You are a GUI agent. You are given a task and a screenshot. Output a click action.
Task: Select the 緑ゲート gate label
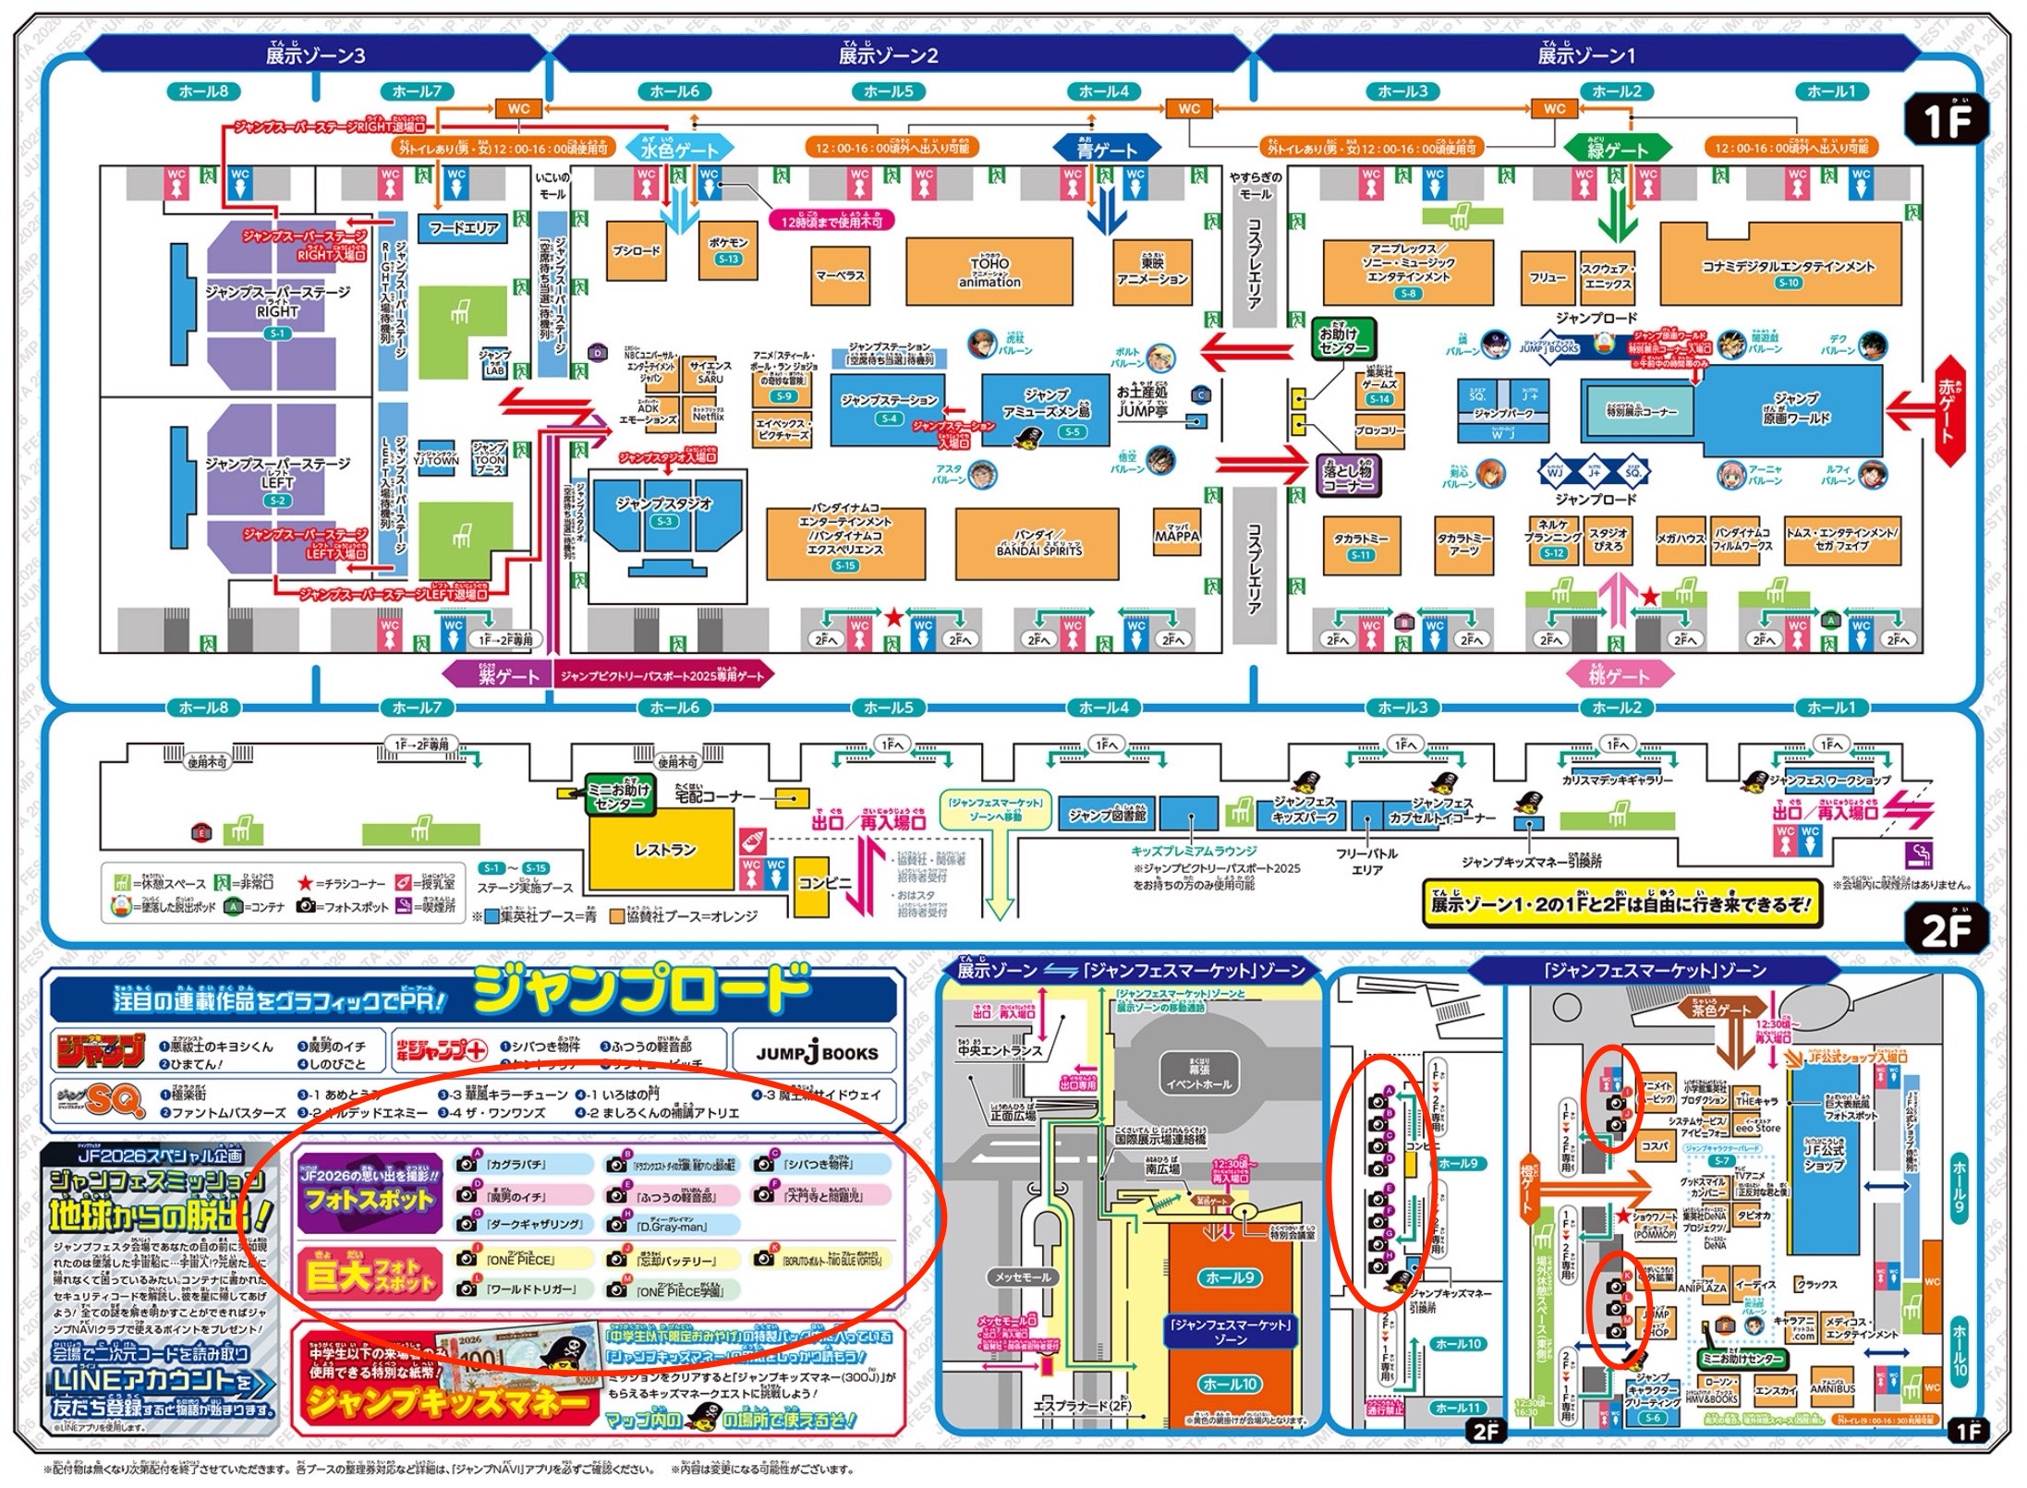tap(1617, 149)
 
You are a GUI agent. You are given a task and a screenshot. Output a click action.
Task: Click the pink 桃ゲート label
tap(1619, 676)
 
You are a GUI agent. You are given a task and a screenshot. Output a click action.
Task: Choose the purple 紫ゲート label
tap(499, 676)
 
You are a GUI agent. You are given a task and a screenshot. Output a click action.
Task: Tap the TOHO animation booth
tap(989, 271)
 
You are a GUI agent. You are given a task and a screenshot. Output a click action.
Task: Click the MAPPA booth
tap(1176, 536)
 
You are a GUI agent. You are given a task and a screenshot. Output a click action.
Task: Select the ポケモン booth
tap(728, 248)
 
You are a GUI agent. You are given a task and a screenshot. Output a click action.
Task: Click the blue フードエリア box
tap(464, 228)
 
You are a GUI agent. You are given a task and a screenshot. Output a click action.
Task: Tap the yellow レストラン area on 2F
tap(662, 851)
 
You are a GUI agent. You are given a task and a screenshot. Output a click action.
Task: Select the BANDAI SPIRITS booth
tap(1038, 543)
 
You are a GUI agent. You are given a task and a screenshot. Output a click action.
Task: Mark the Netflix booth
tap(708, 413)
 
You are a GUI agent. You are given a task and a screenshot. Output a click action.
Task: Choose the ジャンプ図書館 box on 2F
tap(1107, 816)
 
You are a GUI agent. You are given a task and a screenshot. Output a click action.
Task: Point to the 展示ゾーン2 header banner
tap(888, 55)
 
